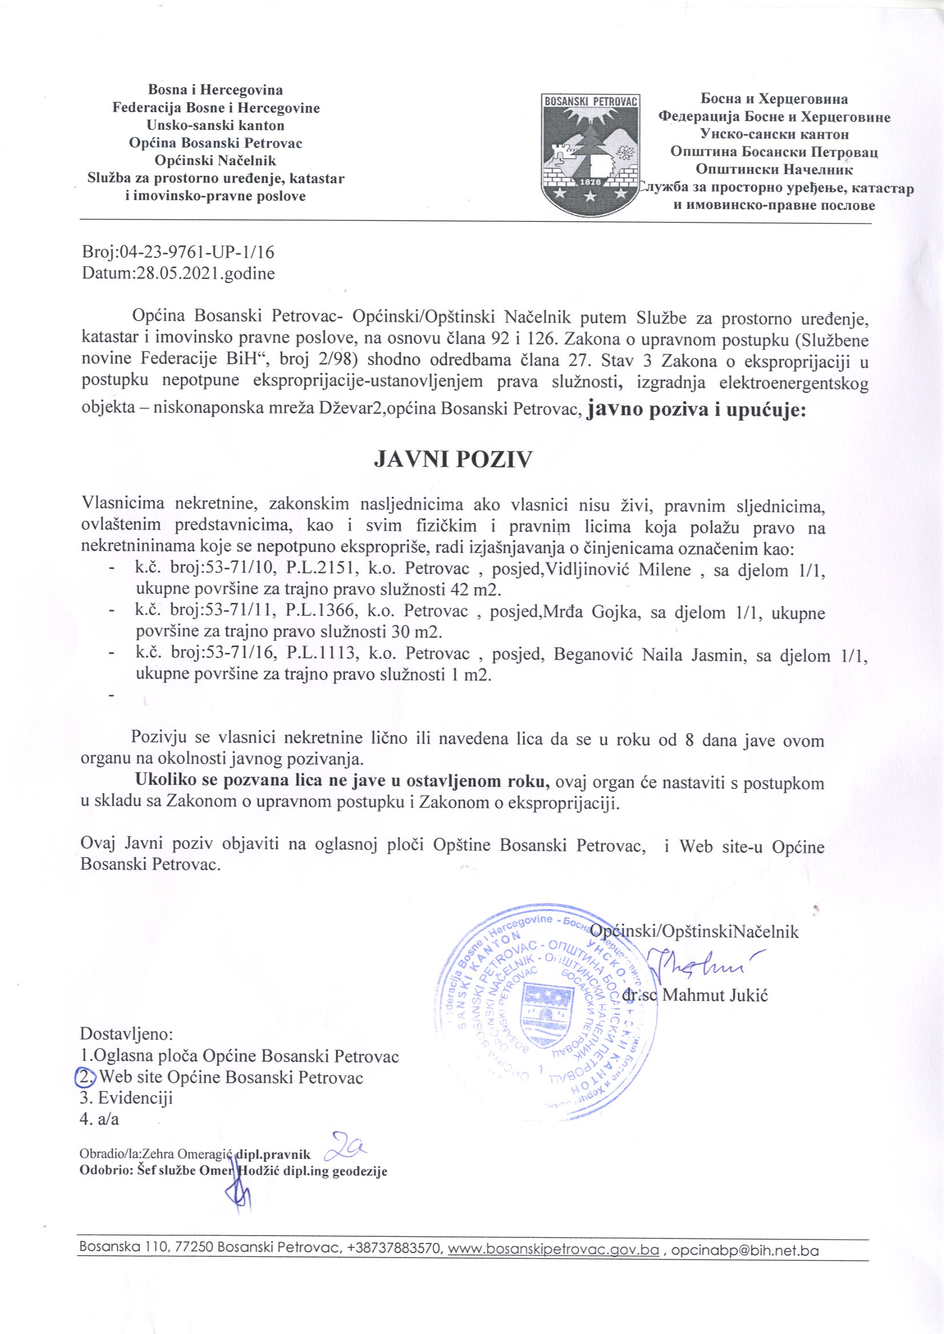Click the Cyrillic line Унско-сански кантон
click(x=774, y=134)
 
